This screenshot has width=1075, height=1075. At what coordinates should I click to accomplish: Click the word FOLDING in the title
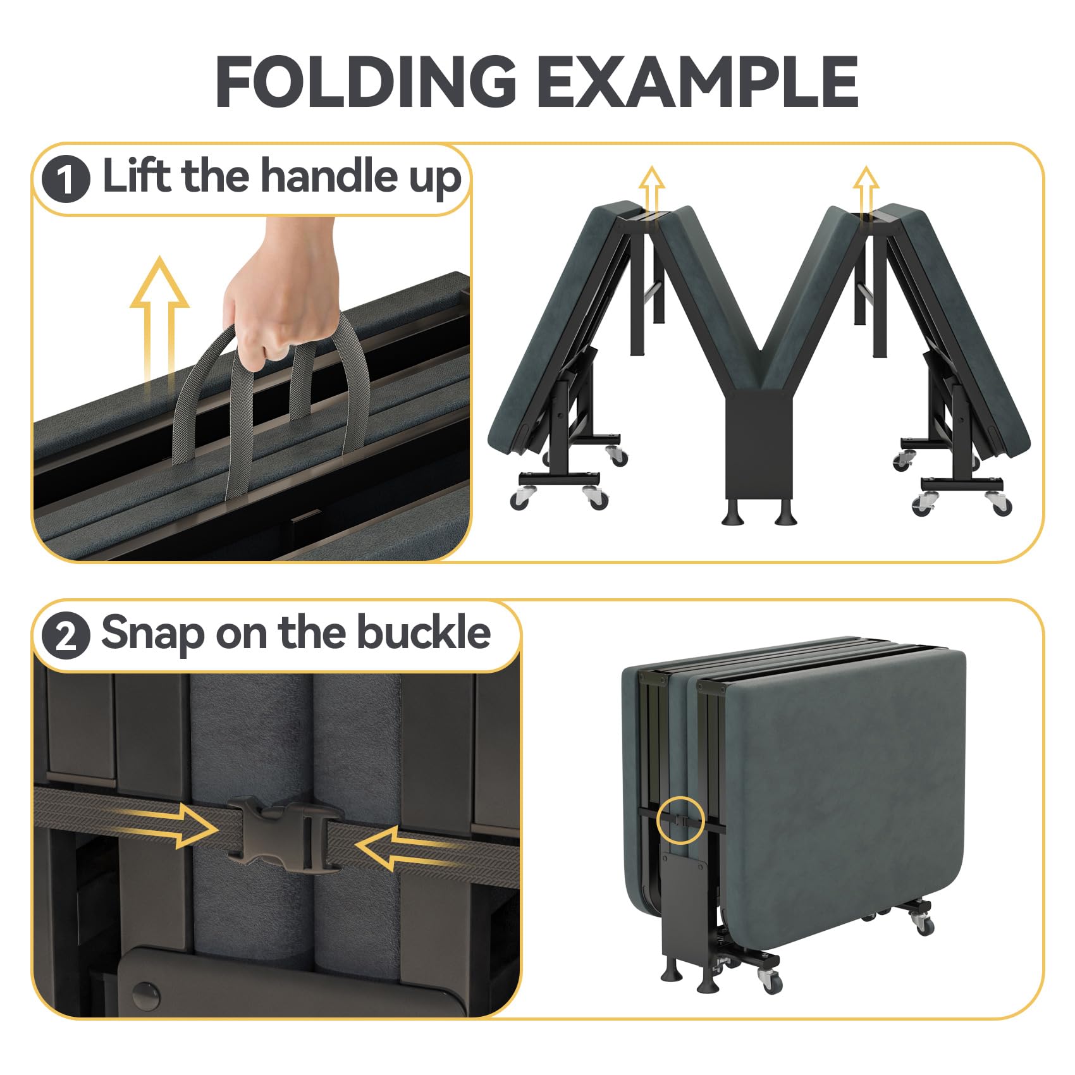(x=366, y=82)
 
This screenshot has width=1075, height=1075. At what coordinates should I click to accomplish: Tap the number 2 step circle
(x=66, y=635)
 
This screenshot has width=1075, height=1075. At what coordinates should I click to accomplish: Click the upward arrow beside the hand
(x=159, y=326)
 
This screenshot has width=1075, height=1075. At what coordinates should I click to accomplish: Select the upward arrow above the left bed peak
(x=651, y=190)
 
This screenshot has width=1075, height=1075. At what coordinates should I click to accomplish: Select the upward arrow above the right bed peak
(x=866, y=190)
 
